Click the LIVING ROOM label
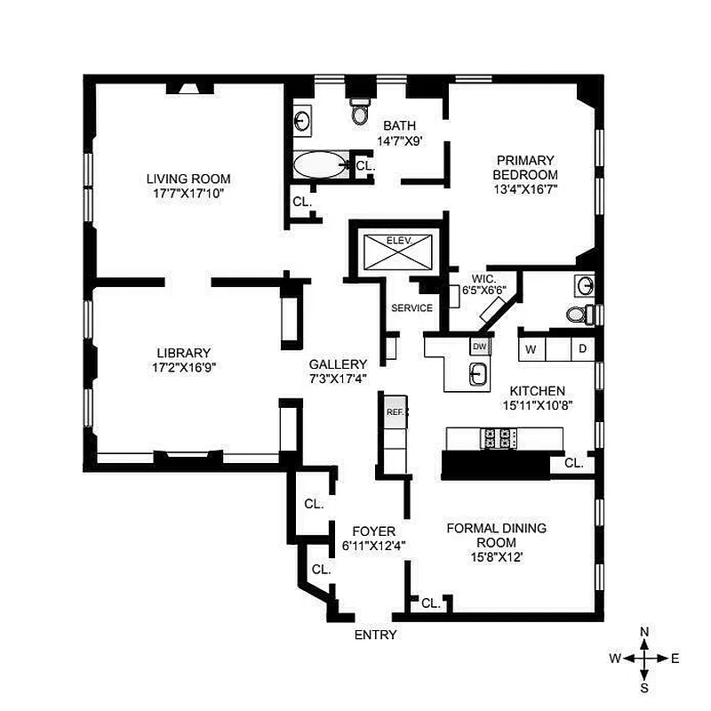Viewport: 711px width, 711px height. pos(188,179)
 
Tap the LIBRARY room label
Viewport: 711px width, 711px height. pos(184,352)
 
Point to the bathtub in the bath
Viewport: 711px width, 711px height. pos(320,166)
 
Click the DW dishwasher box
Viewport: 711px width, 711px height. pos(479,347)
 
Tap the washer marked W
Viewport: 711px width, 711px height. pos(531,348)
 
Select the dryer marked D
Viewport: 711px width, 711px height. pos(582,348)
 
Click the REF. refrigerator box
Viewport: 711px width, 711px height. pos(395,411)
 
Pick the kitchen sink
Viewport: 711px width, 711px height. pos(477,375)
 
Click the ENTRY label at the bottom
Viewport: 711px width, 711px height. pos(375,635)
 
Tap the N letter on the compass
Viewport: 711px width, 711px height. pos(644,631)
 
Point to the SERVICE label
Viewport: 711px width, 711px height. pos(412,308)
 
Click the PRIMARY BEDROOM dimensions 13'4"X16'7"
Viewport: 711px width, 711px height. pos(525,188)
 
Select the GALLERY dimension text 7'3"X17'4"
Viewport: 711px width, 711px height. pos(338,378)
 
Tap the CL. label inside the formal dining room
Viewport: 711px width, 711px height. pos(430,603)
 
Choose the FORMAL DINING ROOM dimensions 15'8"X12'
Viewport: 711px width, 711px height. pos(495,557)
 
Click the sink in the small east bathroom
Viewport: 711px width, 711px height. pos(584,284)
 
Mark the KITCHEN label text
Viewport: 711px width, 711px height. pos(537,391)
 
